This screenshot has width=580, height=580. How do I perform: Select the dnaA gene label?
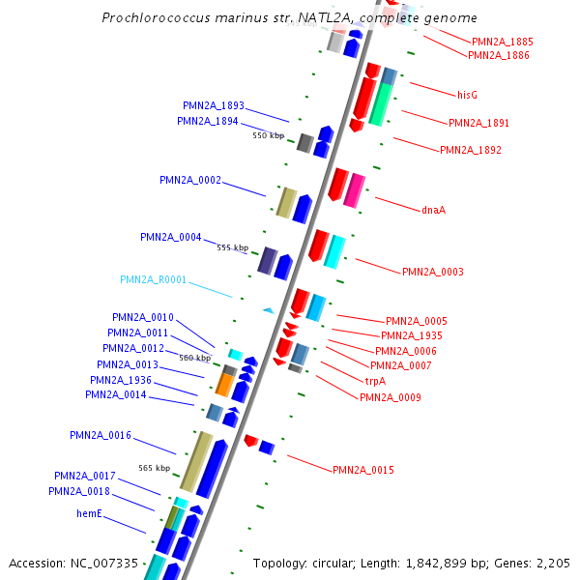[433, 210]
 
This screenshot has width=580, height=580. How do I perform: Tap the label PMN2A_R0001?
[153, 279]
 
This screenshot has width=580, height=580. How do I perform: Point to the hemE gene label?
[90, 513]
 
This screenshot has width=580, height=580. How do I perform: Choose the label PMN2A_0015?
[362, 470]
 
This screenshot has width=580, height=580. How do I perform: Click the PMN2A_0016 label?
[100, 435]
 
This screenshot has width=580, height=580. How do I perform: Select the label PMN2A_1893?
[214, 105]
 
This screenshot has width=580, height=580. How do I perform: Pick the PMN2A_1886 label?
[498, 55]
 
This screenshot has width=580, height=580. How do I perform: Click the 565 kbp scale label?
[154, 468]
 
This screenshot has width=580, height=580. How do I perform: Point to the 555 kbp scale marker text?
[232, 247]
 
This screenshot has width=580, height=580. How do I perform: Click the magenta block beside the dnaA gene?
[355, 189]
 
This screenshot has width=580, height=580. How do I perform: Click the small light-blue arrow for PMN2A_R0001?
[268, 309]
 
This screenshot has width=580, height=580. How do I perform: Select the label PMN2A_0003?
[432, 272]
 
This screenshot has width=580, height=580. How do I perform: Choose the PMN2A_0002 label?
[190, 180]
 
